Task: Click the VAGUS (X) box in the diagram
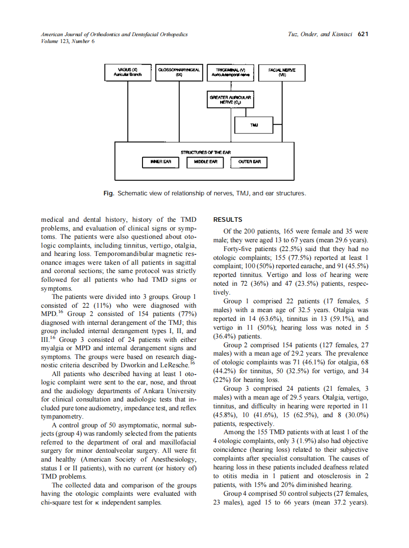127,73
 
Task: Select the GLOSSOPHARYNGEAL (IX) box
179,73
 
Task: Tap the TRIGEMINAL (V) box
230,73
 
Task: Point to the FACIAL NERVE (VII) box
282,73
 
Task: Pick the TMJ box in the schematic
253,125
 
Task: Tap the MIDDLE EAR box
205,162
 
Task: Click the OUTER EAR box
249,162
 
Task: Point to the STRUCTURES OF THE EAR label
205,152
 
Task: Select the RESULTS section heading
227,220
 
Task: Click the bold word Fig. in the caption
108,193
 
